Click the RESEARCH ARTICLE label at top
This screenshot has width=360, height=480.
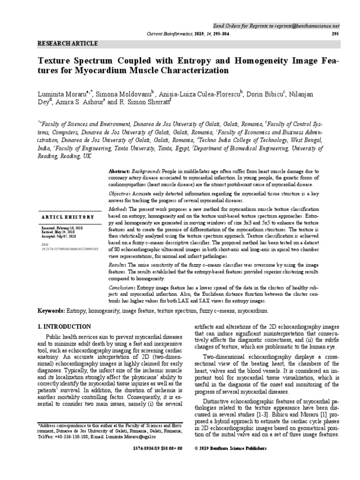click(67, 44)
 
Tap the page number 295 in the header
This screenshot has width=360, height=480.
click(335, 34)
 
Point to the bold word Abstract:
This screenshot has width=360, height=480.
click(119, 172)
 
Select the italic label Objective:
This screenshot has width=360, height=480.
click(120, 194)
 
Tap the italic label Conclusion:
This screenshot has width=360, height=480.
click(121, 287)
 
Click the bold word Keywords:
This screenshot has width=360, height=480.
click(52, 311)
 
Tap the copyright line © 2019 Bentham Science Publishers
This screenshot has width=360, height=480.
click(231, 448)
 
